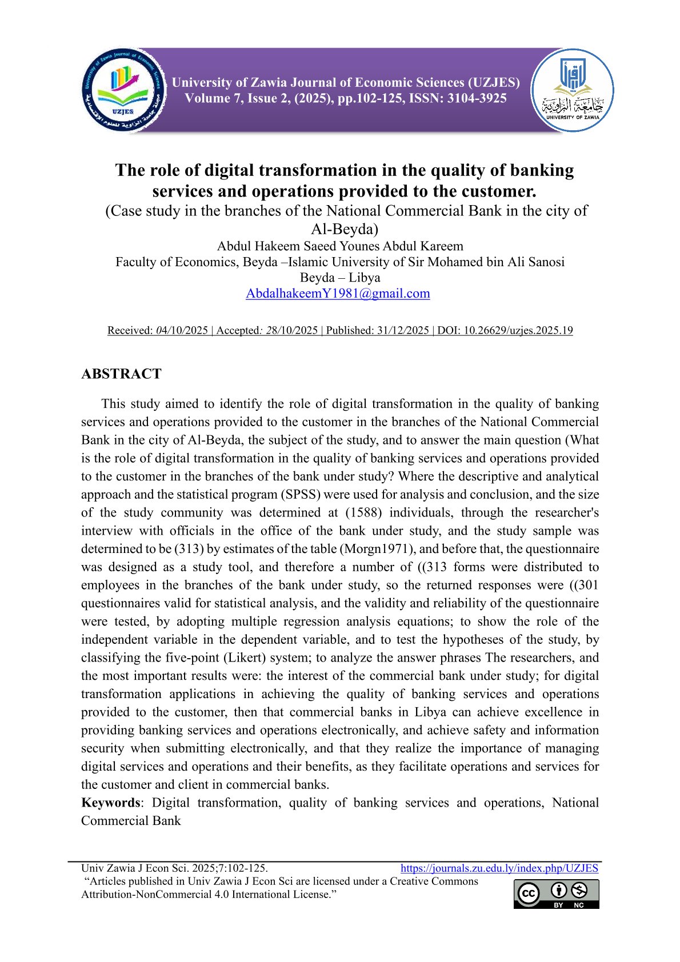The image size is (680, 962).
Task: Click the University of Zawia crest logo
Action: click(x=572, y=90)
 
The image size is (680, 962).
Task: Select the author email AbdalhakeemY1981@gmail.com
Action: click(x=338, y=294)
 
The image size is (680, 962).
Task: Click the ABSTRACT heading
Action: click(x=121, y=374)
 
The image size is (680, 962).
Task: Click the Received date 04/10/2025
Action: click(x=182, y=331)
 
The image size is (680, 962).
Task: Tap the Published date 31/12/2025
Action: click(x=403, y=331)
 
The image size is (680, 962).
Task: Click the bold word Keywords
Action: click(x=110, y=803)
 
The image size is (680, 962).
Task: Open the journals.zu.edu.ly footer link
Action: click(x=499, y=868)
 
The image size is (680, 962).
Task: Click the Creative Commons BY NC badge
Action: click(x=556, y=894)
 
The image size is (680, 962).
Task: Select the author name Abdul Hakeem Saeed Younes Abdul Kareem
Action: click(x=340, y=246)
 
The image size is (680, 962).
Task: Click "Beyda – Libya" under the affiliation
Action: click(x=340, y=278)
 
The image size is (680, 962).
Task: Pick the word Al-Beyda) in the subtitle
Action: click(x=345, y=230)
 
